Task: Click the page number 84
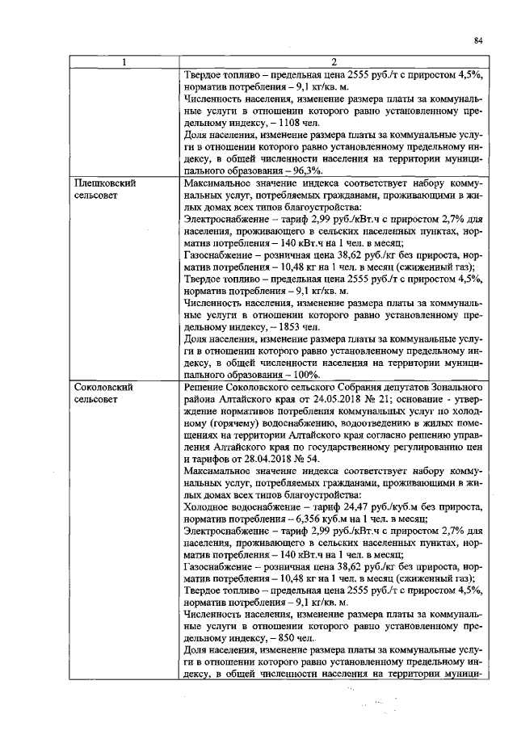[478, 40]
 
